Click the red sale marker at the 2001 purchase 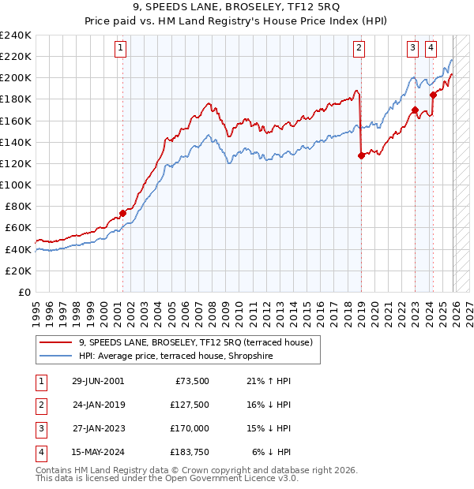click(x=122, y=213)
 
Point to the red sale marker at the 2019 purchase click(x=361, y=155)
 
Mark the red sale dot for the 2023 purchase click(x=415, y=110)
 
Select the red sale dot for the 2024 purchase click(x=432, y=95)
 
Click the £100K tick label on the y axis click(x=16, y=185)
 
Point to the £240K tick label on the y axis click(x=16, y=35)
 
